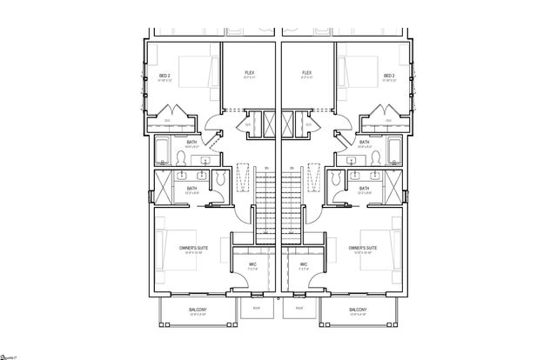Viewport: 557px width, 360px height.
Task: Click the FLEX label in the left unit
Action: [250, 73]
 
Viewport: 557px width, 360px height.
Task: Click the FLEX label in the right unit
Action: [307, 73]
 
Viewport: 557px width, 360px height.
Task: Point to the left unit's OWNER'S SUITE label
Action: [191, 249]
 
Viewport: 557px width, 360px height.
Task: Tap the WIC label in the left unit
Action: [252, 264]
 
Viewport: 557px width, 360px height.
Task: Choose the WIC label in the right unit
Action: [304, 264]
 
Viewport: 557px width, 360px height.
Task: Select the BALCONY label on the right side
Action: [358, 310]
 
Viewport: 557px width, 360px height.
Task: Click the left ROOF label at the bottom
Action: [257, 307]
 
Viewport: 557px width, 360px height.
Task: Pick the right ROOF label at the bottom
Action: [299, 307]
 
